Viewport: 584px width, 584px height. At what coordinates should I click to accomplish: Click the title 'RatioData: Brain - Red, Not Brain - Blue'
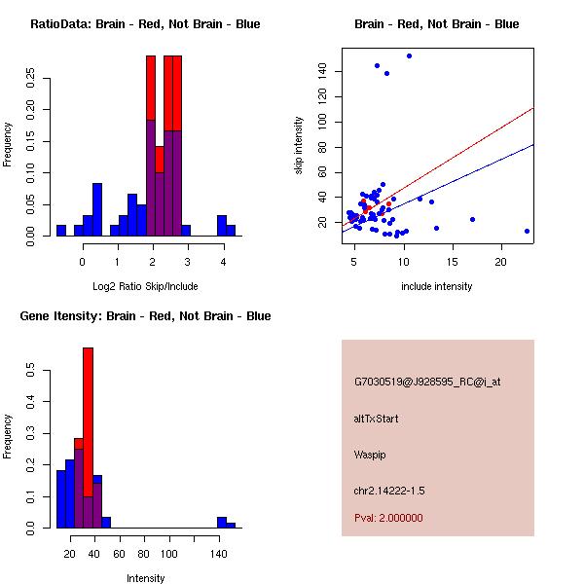coord(145,24)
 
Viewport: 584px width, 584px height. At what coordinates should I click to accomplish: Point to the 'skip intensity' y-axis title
coord(299,146)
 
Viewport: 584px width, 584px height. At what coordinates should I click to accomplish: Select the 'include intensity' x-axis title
coord(436,286)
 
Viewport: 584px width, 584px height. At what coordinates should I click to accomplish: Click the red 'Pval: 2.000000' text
coord(388,518)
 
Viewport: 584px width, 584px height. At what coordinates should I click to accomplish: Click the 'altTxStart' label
coord(377,419)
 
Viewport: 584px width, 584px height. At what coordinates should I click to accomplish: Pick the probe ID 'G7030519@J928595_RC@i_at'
coord(427,383)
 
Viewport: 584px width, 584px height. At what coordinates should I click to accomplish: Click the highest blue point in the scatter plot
coord(409,55)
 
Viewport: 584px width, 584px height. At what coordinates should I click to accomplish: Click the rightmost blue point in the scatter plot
coord(527,231)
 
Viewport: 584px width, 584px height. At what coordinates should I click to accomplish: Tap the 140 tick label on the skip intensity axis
coord(322,71)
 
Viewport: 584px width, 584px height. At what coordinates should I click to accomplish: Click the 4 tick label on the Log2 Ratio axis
coord(223,262)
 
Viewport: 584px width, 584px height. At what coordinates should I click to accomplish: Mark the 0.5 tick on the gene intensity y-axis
coord(31,370)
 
